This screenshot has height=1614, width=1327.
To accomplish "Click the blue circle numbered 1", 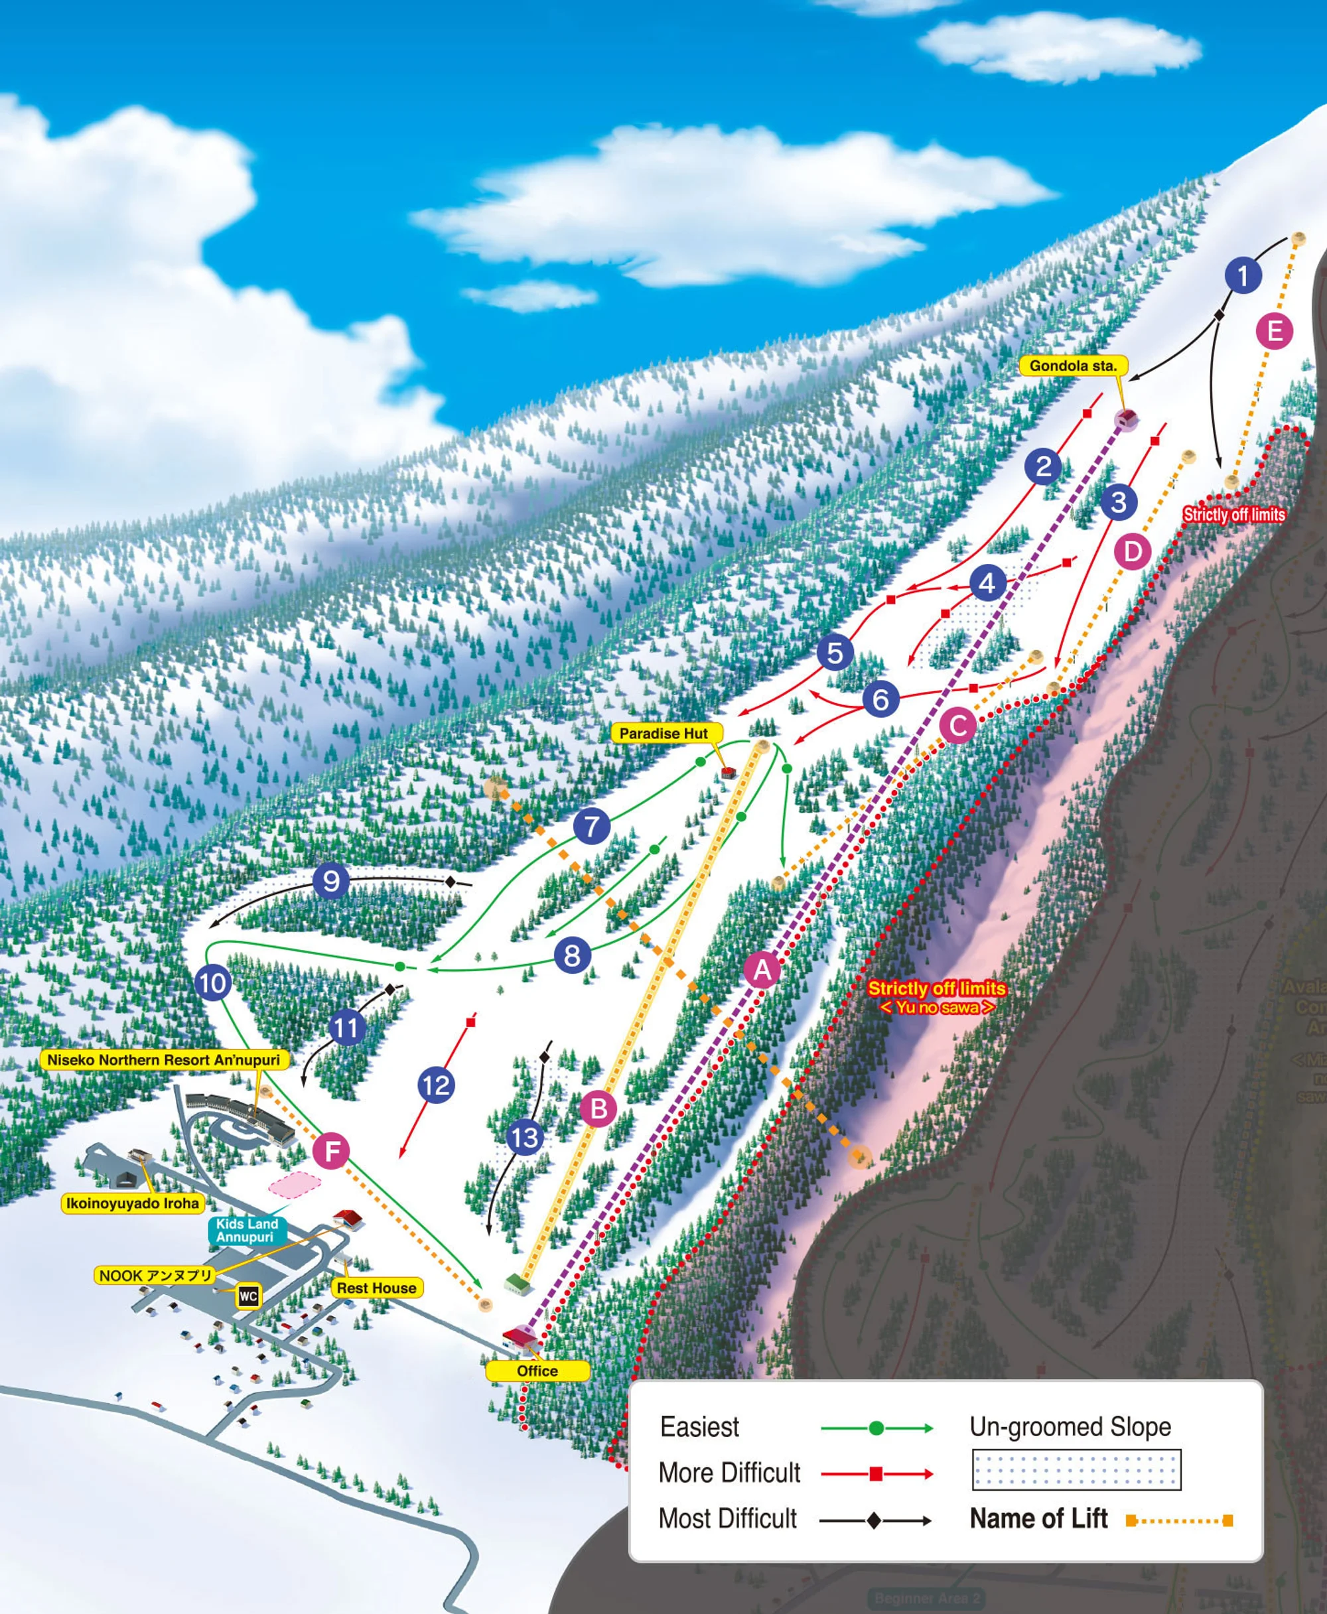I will (1242, 275).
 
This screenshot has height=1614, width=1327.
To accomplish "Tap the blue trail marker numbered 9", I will (331, 881).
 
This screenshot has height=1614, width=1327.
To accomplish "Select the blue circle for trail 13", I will (525, 1138).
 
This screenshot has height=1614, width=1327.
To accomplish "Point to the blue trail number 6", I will (880, 699).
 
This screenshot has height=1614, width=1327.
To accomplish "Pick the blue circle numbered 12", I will (437, 1085).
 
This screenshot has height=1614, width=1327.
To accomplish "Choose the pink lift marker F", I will (332, 1151).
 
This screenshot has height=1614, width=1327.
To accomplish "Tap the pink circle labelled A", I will (762, 971).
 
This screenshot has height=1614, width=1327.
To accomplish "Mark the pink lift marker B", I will (598, 1109).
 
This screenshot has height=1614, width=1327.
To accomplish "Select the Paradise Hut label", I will (663, 734).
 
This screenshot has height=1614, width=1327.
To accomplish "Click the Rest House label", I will (377, 1288).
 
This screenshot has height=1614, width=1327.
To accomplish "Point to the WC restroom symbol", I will (247, 1296).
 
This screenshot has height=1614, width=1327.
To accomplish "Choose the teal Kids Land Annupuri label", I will (247, 1231).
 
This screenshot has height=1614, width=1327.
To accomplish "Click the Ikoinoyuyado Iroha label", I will (132, 1203).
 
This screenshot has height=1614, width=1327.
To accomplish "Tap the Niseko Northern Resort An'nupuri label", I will (164, 1060).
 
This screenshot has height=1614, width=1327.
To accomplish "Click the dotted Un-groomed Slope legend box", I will (1076, 1469).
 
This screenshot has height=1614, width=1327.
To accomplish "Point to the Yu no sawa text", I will (937, 1007).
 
